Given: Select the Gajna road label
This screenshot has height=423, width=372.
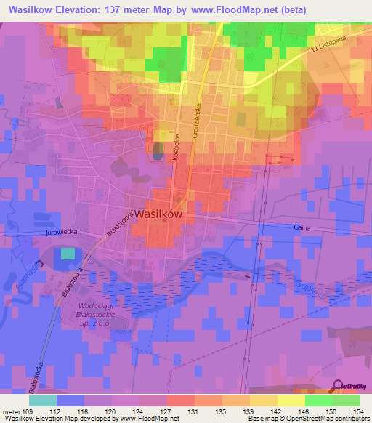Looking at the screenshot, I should click(x=303, y=227).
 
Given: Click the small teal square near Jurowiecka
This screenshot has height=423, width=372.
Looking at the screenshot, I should click(x=67, y=253).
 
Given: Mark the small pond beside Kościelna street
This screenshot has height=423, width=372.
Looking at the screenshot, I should click(x=158, y=152).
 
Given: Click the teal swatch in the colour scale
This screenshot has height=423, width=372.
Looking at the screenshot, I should click(x=42, y=400).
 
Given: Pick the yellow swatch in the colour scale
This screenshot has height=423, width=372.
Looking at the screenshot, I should click(x=291, y=400).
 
